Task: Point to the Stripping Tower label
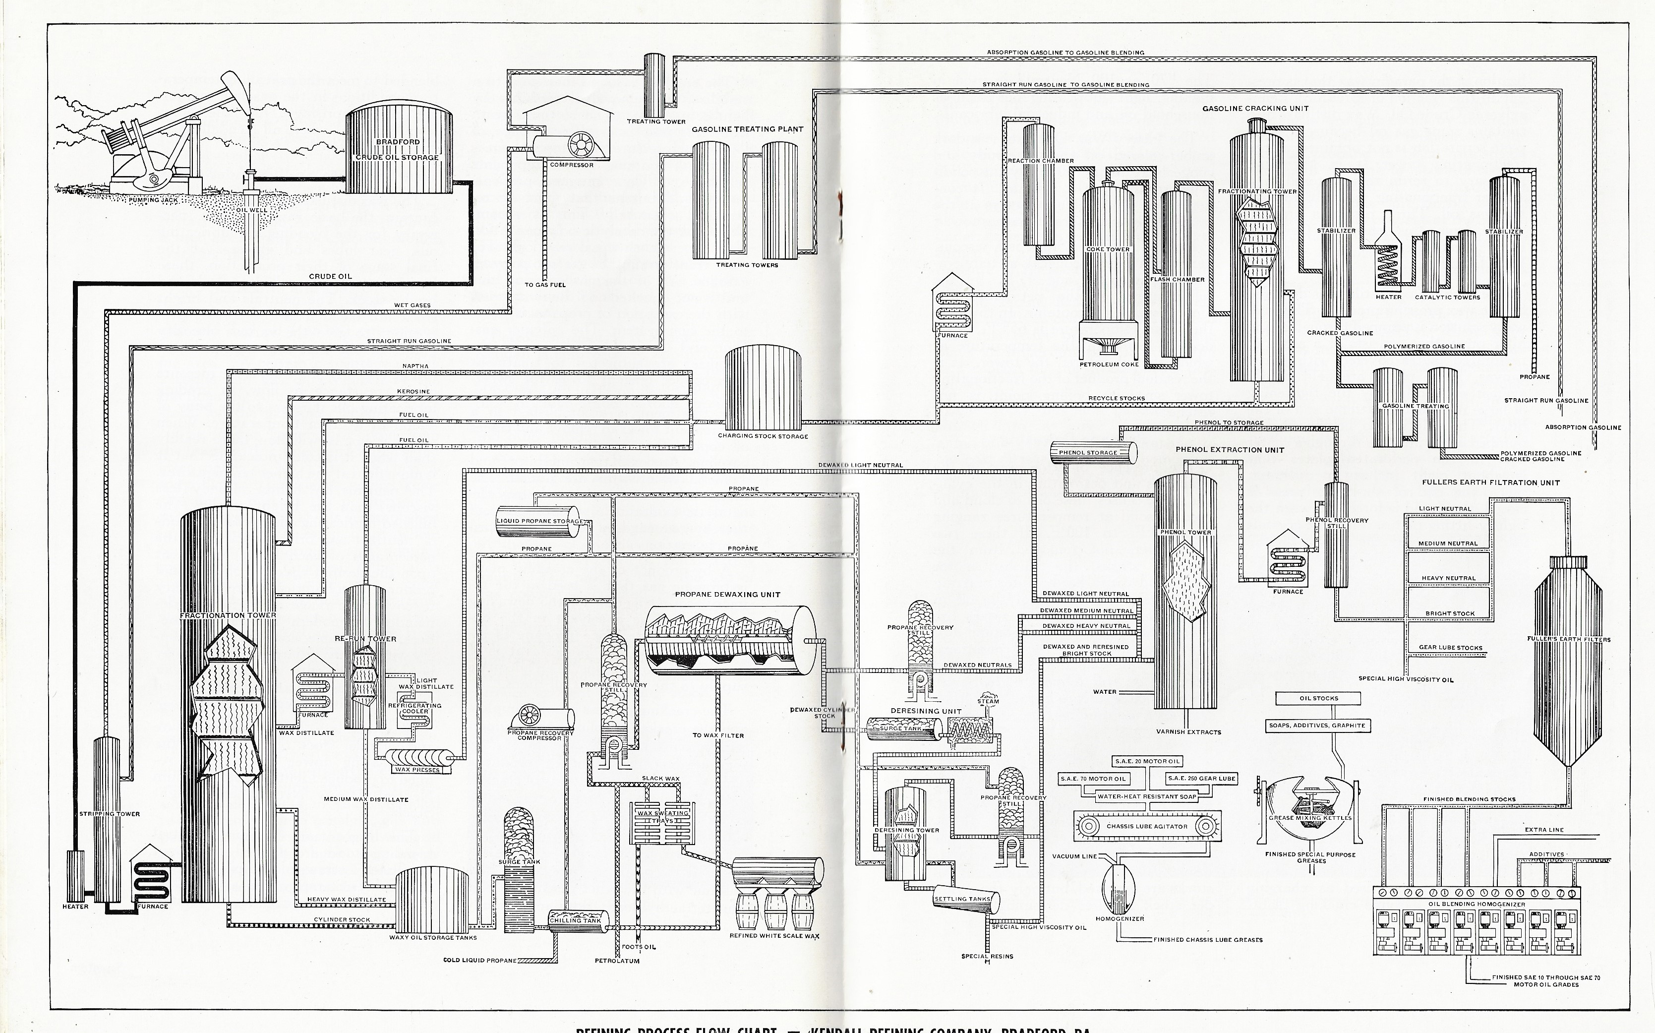109,814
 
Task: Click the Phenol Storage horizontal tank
1093,452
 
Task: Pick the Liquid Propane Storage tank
537,521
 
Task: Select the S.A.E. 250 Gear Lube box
1192,778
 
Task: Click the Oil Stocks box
1318,698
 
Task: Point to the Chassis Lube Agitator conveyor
1147,827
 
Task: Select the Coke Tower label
1108,249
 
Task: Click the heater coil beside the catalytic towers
1387,263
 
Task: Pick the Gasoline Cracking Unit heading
1255,108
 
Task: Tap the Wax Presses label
416,769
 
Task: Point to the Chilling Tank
578,919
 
